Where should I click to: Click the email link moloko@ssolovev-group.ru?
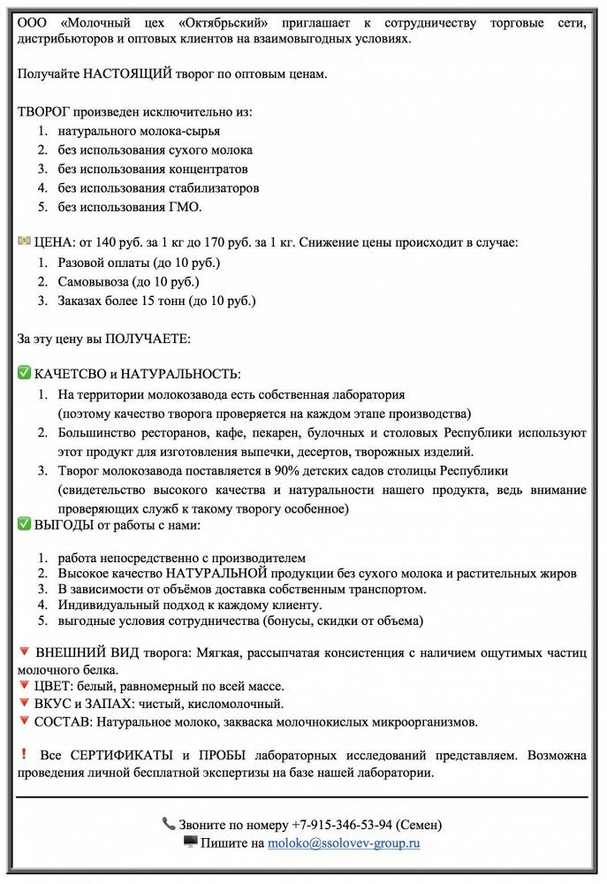[345, 843]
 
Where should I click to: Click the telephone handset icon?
[169, 823]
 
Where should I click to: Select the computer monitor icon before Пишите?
[190, 842]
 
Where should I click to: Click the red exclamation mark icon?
[23, 754]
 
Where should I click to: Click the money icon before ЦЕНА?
[24, 240]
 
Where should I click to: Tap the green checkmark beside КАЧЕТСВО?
[24, 374]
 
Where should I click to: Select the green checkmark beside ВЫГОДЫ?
[24, 524]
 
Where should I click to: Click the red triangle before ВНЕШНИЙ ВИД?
[24, 652]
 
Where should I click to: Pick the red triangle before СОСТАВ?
[24, 721]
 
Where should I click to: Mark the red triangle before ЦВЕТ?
[24, 686]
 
